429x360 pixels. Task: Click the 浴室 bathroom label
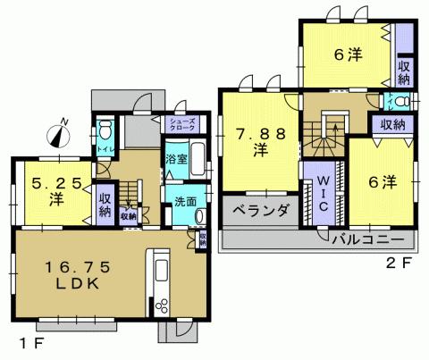175,160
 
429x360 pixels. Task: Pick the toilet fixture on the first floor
104,127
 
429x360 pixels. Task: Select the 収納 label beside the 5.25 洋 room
104,205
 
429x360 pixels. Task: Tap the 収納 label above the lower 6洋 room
392,124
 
